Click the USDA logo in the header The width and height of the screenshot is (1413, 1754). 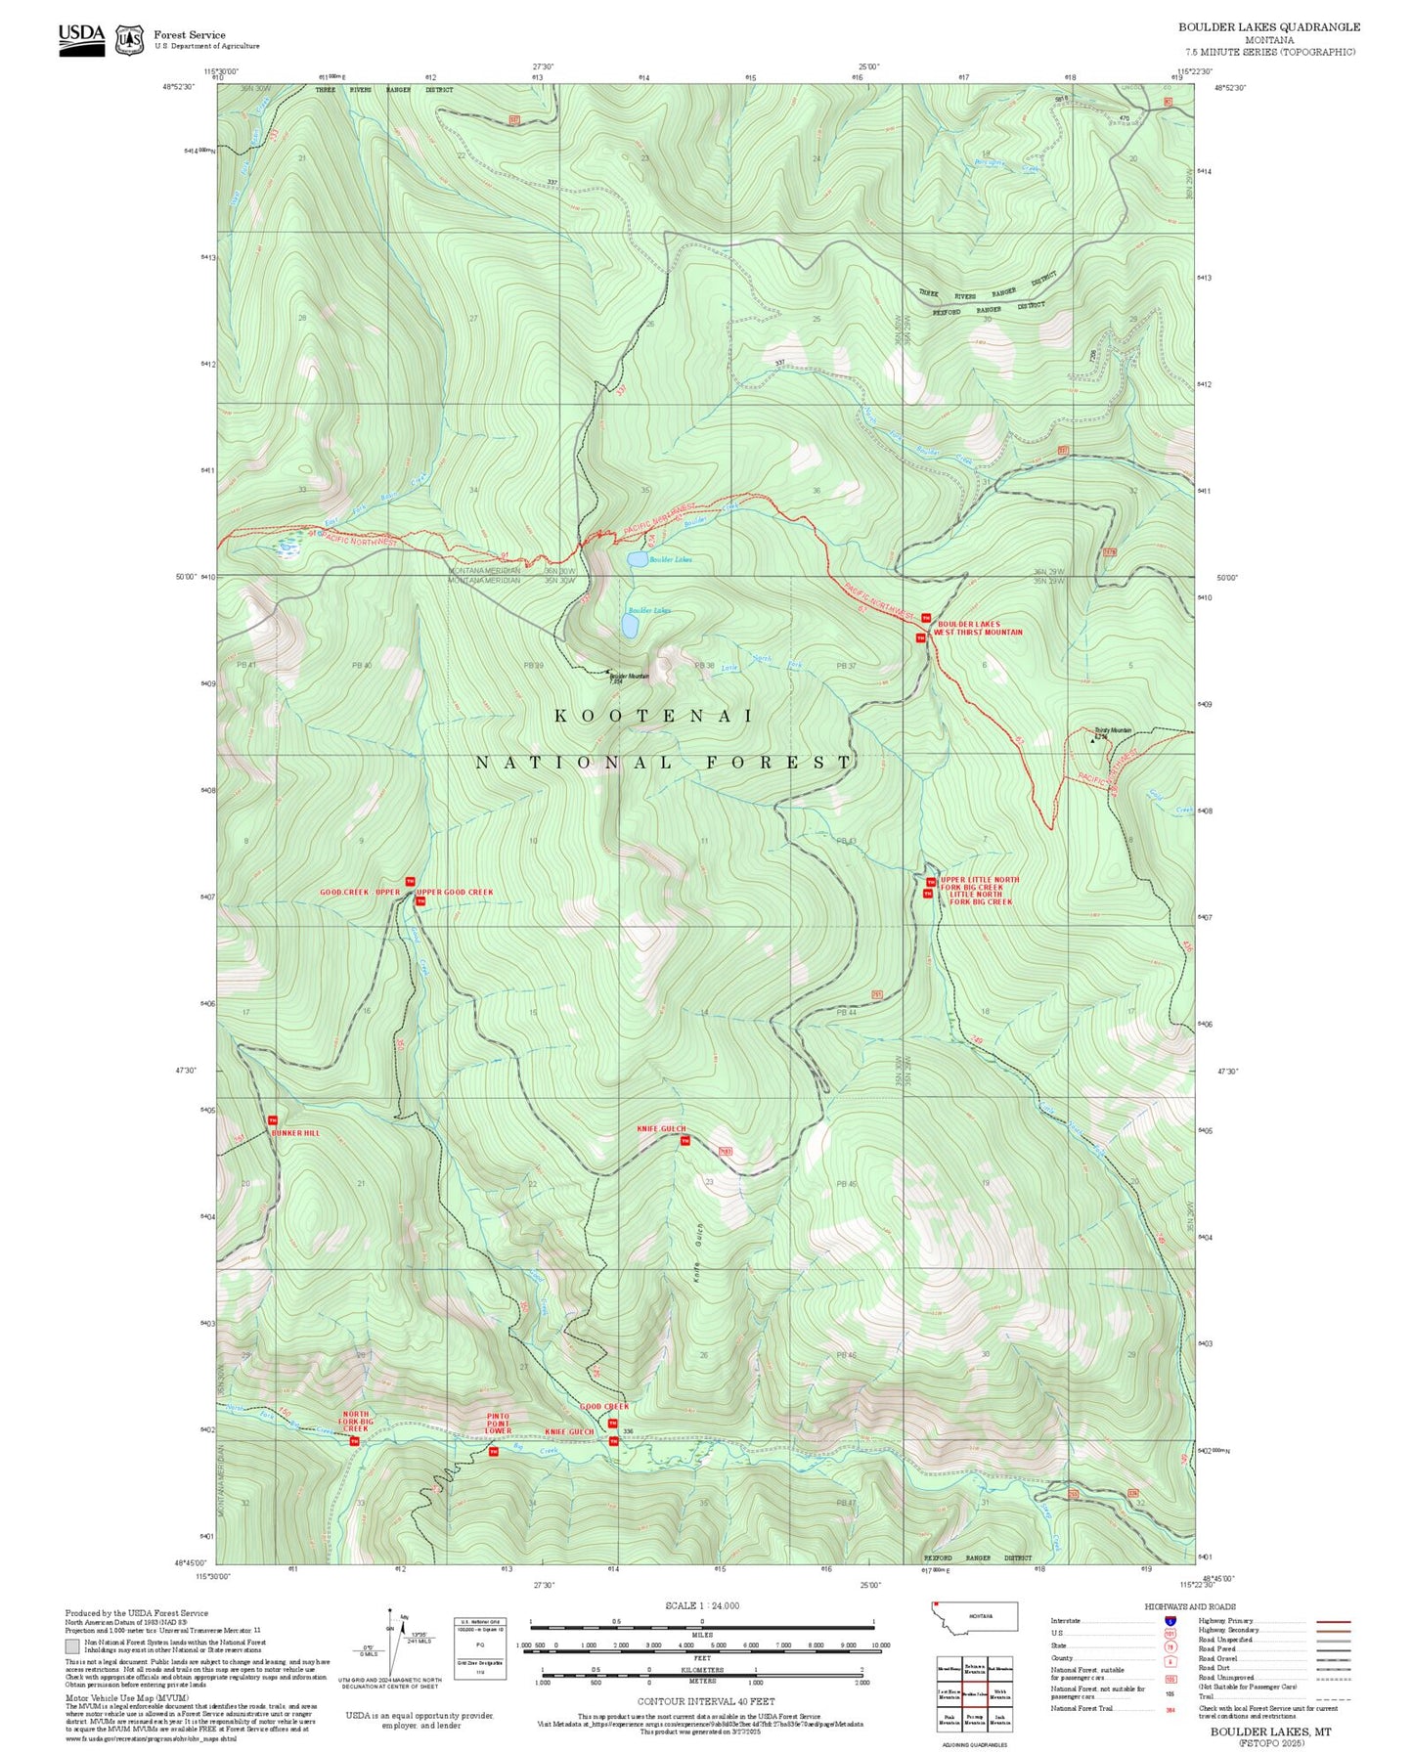tap(81, 35)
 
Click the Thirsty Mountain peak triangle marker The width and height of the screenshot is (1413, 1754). tap(1093, 740)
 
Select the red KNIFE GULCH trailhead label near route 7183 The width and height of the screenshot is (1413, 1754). tap(661, 1128)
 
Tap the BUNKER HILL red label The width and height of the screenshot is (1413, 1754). tap(295, 1133)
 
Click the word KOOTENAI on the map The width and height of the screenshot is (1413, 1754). tap(654, 716)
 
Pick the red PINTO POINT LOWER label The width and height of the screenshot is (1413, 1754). tap(499, 1424)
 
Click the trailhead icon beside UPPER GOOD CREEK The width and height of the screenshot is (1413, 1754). tap(420, 901)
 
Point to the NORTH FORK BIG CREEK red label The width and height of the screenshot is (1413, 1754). tap(355, 1422)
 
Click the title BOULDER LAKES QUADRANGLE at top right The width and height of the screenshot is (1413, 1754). tap(1268, 27)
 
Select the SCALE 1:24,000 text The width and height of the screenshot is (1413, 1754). tap(702, 1605)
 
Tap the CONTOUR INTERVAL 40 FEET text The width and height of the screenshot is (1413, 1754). tap(705, 1702)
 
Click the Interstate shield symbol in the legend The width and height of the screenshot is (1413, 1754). tap(1170, 1621)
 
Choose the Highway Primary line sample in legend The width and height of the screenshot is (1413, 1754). tap(1333, 1621)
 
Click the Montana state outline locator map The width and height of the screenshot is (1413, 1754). tap(975, 1616)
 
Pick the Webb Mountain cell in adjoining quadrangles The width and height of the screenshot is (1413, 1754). tap(999, 1694)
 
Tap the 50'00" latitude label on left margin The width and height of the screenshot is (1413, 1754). tap(186, 577)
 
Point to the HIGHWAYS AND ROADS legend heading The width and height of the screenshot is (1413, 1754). tap(1190, 1606)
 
